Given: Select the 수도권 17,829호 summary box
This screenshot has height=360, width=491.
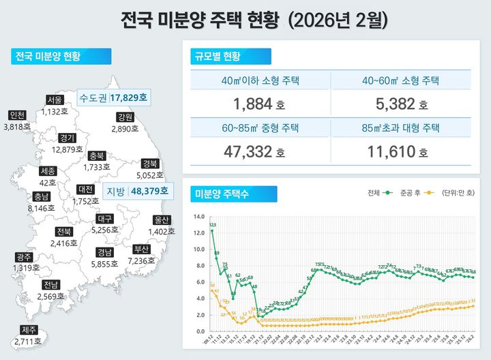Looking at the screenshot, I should [113, 98].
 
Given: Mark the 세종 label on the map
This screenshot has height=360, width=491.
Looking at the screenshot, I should [48, 170].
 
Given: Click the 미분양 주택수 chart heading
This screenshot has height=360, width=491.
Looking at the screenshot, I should [222, 194].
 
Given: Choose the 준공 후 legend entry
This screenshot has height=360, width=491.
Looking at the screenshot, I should [416, 193].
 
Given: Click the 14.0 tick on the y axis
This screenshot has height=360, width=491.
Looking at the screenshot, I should [199, 217].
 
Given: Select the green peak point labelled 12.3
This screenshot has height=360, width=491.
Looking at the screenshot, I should [212, 230].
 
